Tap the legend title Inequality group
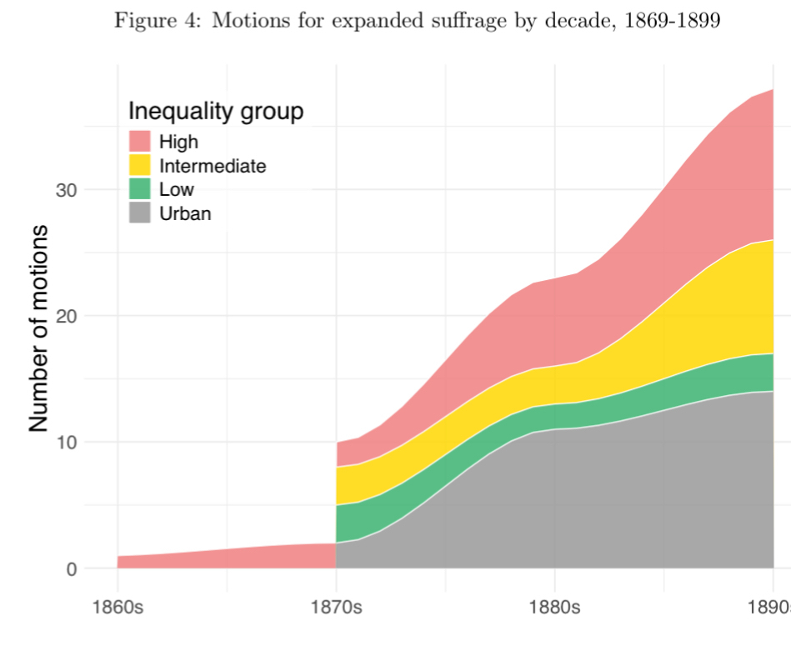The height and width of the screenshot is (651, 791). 215,112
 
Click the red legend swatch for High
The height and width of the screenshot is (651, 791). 139,142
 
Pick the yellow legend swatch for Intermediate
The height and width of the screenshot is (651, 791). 139,165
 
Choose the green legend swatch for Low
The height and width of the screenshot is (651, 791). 139,189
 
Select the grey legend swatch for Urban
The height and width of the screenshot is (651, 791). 139,213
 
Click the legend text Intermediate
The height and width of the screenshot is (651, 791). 213,166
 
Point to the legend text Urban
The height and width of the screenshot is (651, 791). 185,213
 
